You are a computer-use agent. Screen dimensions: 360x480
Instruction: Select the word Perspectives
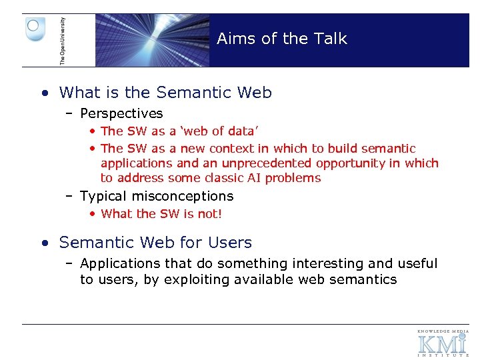pos(121,114)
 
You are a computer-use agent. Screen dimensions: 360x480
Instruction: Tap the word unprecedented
pos(271,163)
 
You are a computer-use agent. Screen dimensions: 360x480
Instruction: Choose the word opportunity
pos(351,163)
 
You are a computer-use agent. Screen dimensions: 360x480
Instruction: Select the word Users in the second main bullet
pos(230,243)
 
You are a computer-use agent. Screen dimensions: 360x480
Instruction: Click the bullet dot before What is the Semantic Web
pos(43,93)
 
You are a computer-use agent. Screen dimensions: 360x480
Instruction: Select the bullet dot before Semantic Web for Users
pos(43,243)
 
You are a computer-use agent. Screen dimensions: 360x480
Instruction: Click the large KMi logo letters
pos(442,344)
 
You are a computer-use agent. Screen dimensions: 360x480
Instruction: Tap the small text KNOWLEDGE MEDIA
pos(443,331)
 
